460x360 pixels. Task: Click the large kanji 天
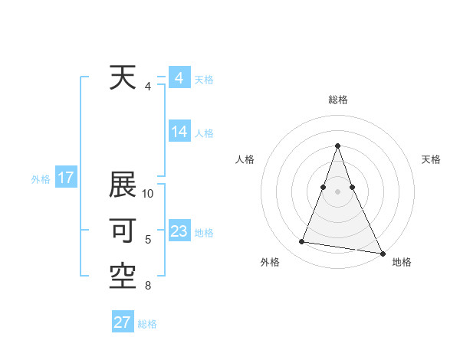pyautogui.click(x=123, y=78)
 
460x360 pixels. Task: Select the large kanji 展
pyautogui.click(x=123, y=186)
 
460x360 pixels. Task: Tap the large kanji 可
pyautogui.click(x=123, y=231)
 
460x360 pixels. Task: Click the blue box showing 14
pyautogui.click(x=179, y=132)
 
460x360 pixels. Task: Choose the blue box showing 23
pyautogui.click(x=179, y=231)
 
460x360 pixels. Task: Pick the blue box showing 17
pyautogui.click(x=66, y=178)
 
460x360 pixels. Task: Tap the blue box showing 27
pyautogui.click(x=123, y=322)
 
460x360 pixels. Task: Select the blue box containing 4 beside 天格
pyautogui.click(x=179, y=78)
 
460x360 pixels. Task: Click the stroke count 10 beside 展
pyautogui.click(x=149, y=194)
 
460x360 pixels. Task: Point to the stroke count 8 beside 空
pyautogui.click(x=148, y=286)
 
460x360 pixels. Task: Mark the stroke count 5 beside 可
pyautogui.click(x=148, y=240)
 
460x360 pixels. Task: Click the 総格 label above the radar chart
pyautogui.click(x=338, y=100)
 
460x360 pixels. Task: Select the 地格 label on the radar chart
pyautogui.click(x=402, y=262)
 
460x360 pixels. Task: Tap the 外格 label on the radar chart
pyautogui.click(x=269, y=262)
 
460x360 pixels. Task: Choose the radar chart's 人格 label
pyautogui.click(x=244, y=159)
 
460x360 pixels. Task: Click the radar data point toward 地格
pyautogui.click(x=383, y=253)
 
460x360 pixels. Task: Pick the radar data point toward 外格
pyautogui.click(x=302, y=242)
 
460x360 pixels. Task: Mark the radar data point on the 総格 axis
pyautogui.click(x=338, y=146)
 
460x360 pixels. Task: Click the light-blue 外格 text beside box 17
pyautogui.click(x=41, y=179)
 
